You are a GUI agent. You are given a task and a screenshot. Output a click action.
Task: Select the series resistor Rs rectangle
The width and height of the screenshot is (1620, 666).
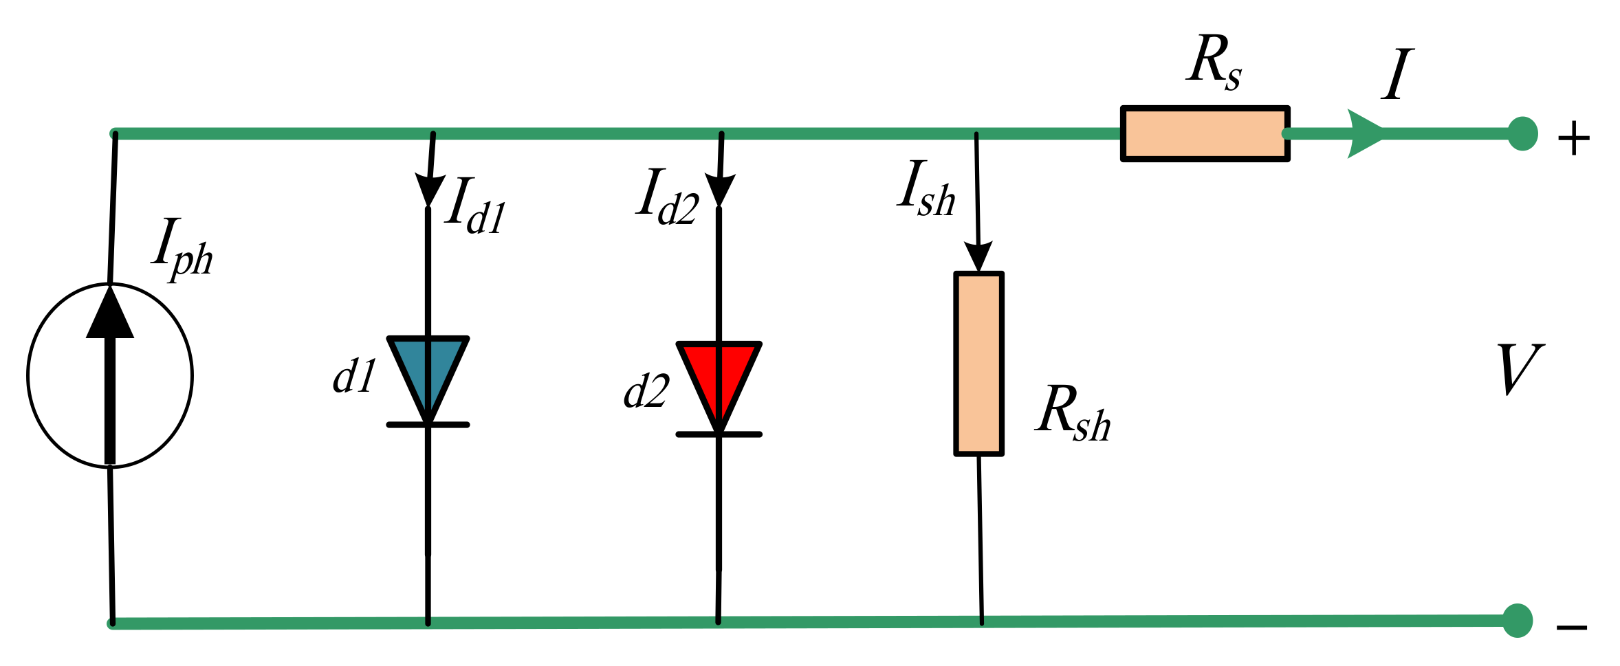point(1205,134)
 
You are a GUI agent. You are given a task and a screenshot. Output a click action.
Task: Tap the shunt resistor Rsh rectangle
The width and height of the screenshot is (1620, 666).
point(978,364)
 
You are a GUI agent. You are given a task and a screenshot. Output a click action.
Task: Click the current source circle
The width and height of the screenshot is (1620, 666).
point(110,375)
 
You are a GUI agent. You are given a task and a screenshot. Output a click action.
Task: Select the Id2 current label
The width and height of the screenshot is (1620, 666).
point(667,198)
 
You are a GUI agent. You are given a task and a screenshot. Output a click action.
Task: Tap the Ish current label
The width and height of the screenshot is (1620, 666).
point(927,190)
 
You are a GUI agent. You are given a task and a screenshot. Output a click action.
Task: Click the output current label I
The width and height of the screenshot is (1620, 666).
point(1397,74)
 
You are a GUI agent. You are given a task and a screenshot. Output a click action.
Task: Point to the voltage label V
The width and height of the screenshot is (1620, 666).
point(1520,370)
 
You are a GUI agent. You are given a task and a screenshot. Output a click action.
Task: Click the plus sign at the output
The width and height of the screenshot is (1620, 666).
point(1574,140)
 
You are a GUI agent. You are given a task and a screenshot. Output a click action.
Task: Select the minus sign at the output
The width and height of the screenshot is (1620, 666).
point(1572,628)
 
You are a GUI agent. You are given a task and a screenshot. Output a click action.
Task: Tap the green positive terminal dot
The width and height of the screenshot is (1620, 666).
point(1522,134)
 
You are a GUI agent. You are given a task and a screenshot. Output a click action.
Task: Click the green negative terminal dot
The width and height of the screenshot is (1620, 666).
point(1518,621)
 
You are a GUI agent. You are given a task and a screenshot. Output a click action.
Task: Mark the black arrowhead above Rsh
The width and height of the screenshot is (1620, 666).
point(978,257)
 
